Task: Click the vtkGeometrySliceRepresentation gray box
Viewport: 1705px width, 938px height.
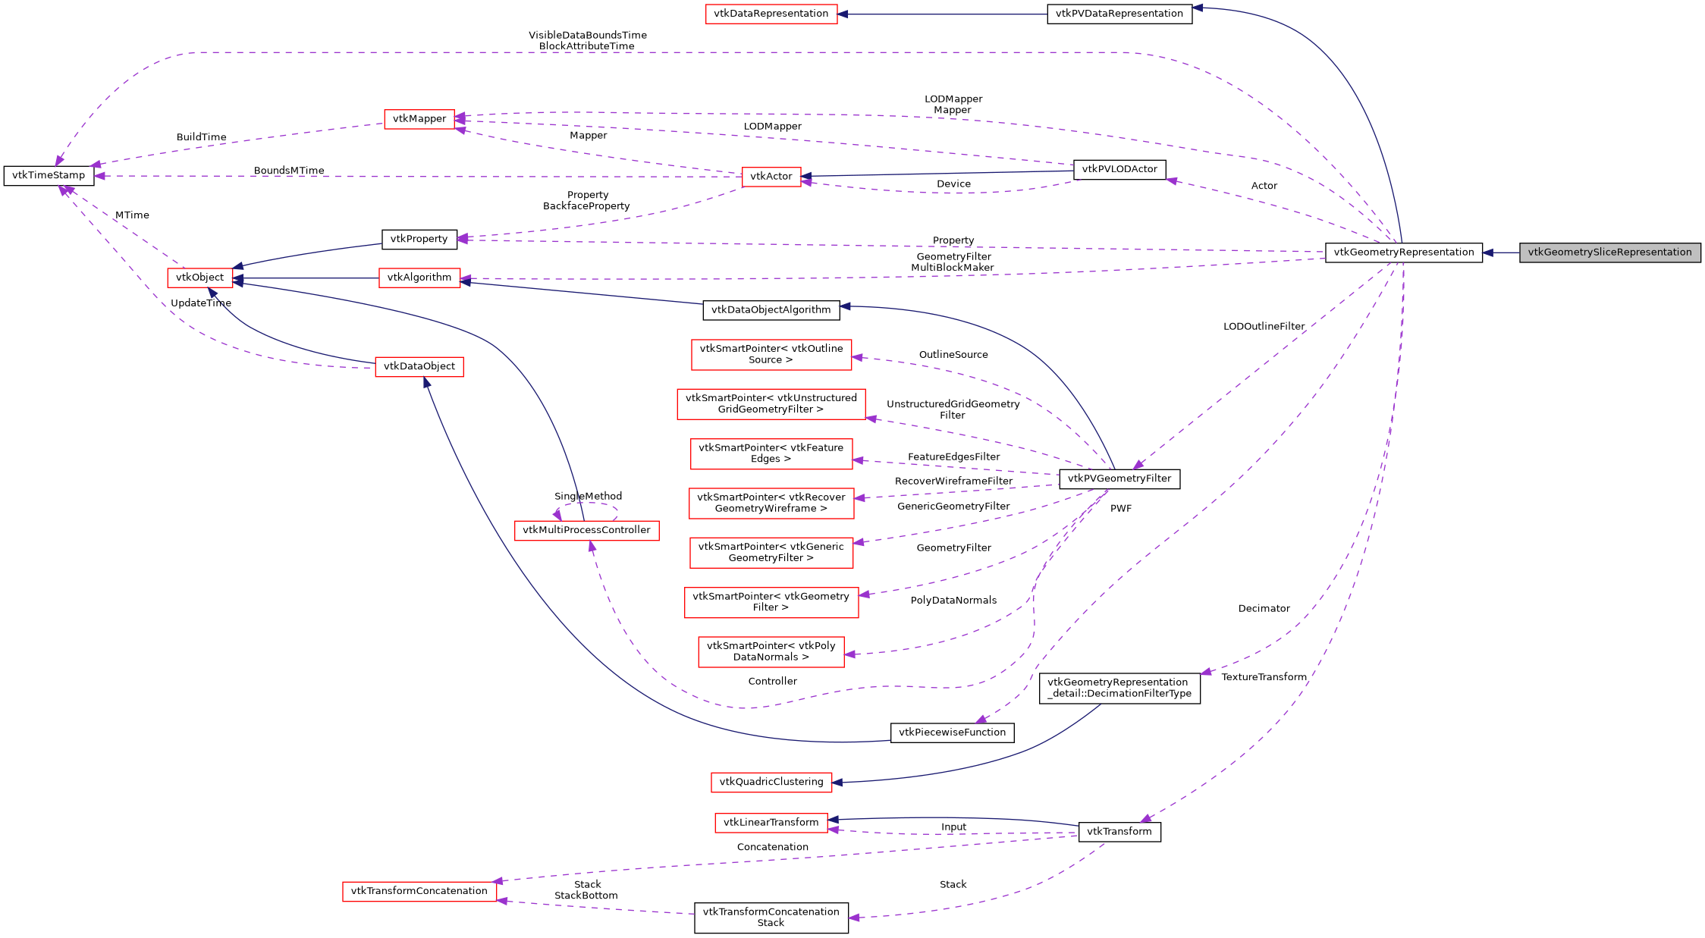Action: [1609, 253]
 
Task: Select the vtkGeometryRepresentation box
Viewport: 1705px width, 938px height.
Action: [1403, 253]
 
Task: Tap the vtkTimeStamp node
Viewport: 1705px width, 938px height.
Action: [49, 175]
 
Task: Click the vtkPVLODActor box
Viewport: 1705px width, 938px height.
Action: [1119, 169]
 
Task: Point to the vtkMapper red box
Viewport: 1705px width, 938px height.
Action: [419, 119]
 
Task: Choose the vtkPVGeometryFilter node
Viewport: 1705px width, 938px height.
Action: [1119, 478]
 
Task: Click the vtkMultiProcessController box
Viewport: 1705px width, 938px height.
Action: [586, 530]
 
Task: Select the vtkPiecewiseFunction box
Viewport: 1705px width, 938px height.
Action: [952, 733]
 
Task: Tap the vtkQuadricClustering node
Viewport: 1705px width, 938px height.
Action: [771, 782]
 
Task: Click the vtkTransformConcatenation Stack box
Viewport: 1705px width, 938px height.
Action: [771, 918]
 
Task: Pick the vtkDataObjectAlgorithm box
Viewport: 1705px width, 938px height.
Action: [771, 309]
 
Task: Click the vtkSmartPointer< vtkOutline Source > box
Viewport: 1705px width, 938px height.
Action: [771, 354]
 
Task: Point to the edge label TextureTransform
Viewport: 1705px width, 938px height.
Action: [1264, 677]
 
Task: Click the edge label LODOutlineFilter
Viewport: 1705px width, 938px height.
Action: [1264, 327]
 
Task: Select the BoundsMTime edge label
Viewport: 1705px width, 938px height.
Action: [288, 171]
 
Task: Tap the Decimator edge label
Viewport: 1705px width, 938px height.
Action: [1264, 609]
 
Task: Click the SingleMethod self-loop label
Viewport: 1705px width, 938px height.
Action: [588, 497]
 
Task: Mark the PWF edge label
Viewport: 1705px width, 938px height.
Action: [1120, 509]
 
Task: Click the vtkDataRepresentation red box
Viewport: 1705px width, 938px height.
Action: [771, 14]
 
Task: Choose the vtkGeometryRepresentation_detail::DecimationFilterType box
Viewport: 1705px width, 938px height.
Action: [1119, 688]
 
